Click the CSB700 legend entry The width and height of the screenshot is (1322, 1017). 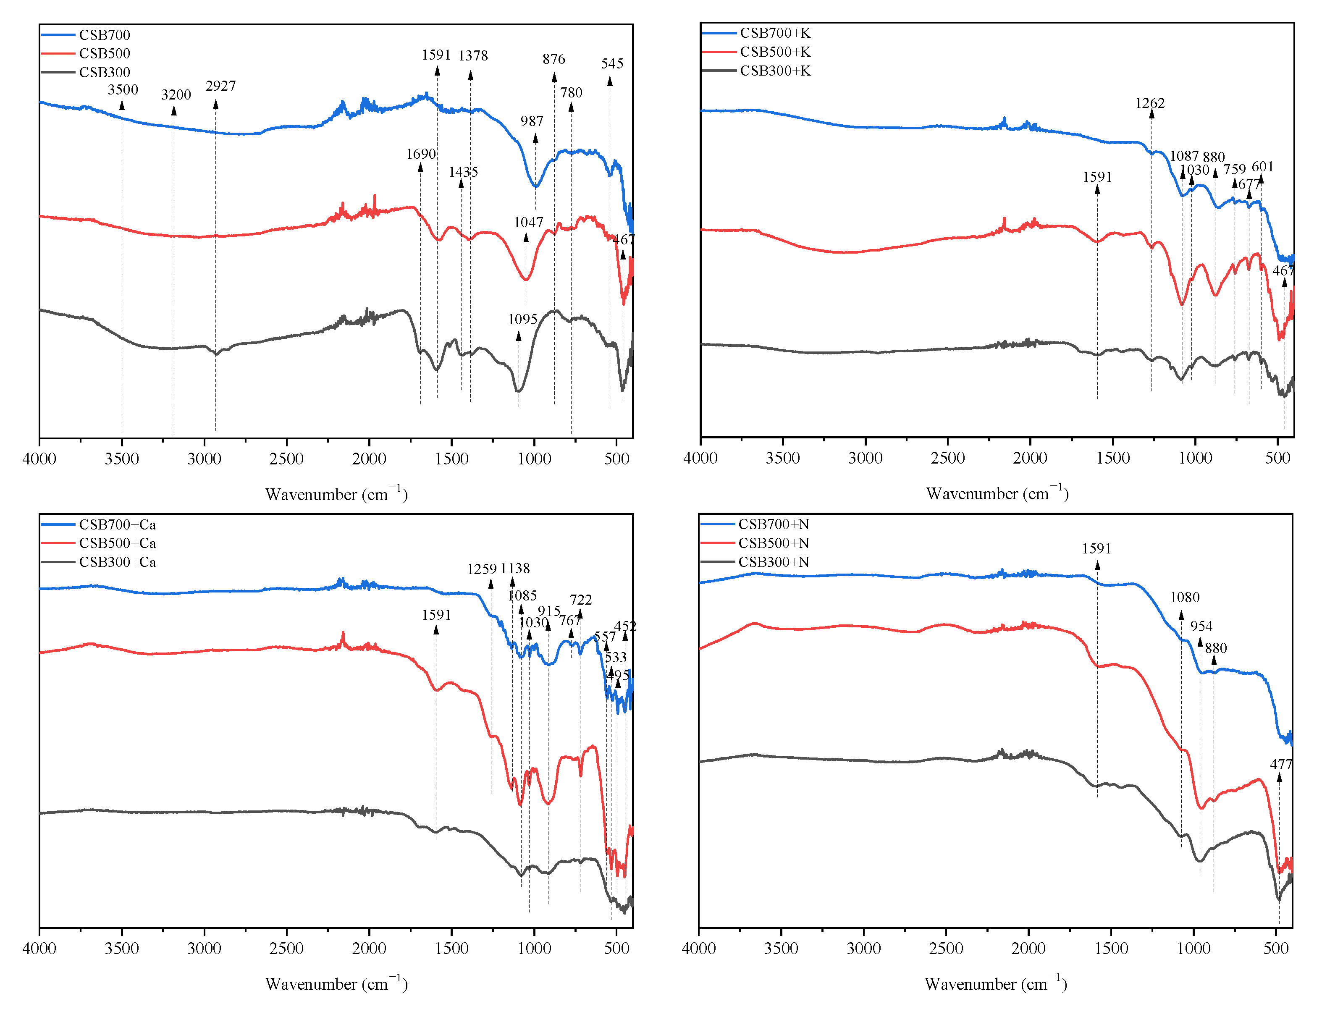point(104,35)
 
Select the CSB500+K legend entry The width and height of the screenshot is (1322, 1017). point(774,52)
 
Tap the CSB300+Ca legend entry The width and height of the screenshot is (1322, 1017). point(117,562)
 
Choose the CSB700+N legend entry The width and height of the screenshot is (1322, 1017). point(773,524)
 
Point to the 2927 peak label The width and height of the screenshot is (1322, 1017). point(220,86)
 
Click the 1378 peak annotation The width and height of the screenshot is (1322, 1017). point(473,56)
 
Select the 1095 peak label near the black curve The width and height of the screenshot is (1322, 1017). point(522,320)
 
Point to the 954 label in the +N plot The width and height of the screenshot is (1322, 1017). point(1201,626)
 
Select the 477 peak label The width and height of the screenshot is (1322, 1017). point(1281,765)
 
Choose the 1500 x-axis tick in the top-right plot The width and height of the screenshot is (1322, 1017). point(1112,458)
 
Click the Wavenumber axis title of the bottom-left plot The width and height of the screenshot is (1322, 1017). point(336,984)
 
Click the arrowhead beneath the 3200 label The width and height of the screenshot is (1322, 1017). point(174,110)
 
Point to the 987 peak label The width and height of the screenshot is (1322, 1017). point(532,121)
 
